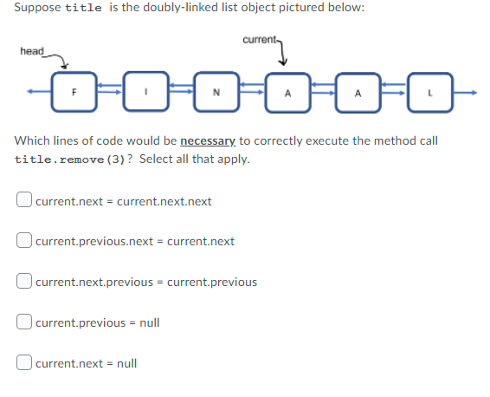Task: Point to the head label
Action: [31, 52]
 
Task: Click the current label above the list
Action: [259, 40]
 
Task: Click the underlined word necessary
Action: [207, 140]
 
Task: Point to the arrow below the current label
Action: [284, 54]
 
